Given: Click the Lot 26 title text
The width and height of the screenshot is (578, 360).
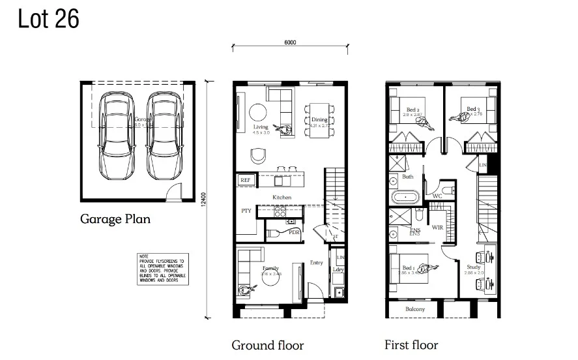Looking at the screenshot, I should (x=49, y=20).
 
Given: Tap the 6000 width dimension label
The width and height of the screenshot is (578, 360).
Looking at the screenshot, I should (x=290, y=43).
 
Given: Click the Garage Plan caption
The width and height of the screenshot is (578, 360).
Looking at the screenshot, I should (x=115, y=219).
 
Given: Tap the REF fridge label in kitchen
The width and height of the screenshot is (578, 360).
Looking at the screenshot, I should (x=245, y=180).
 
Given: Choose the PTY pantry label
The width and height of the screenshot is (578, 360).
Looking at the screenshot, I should (x=246, y=211).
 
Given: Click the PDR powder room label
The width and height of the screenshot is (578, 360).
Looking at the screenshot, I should (x=294, y=232).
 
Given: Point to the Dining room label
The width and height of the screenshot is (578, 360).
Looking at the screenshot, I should (x=319, y=120).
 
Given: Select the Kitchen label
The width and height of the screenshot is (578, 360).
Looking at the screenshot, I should (x=282, y=197).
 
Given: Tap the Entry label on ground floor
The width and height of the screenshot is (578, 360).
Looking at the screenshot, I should (x=316, y=263).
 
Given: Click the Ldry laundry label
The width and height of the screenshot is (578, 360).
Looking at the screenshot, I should (x=338, y=269).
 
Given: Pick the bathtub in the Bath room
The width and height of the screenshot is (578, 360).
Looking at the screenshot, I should (x=405, y=196).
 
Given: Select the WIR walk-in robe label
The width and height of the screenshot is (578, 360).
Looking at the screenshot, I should (x=437, y=228).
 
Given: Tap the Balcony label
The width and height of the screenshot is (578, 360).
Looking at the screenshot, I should (x=415, y=309).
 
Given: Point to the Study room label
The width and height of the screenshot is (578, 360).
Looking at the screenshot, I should (x=474, y=267).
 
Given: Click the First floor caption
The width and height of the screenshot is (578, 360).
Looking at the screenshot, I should (x=411, y=345).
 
